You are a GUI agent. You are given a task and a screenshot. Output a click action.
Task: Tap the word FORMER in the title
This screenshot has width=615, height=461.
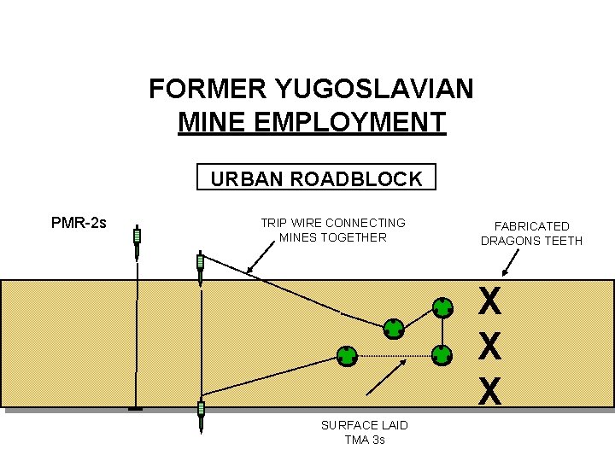tap(208, 89)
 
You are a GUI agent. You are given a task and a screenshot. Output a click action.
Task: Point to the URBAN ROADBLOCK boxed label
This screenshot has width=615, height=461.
tap(316, 178)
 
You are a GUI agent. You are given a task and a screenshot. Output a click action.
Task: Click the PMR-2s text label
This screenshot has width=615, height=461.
tap(79, 224)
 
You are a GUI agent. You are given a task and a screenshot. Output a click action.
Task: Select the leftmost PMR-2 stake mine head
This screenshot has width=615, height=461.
tap(137, 237)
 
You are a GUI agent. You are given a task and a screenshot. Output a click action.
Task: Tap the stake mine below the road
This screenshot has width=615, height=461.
tap(201, 417)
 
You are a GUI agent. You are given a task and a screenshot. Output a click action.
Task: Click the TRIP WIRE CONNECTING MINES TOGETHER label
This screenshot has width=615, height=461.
tap(333, 230)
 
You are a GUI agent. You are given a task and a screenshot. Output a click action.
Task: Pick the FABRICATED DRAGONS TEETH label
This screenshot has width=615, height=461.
tap(531, 233)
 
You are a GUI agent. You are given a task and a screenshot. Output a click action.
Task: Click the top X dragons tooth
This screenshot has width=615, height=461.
tap(489, 301)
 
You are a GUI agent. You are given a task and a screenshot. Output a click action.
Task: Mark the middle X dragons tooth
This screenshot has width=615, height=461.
tap(489, 346)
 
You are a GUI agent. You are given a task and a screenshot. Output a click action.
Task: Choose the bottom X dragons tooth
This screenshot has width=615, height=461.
tap(489, 391)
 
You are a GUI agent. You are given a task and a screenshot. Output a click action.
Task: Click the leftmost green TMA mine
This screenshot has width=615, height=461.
tap(346, 355)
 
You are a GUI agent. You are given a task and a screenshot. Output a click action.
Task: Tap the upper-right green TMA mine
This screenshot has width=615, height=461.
tap(442, 306)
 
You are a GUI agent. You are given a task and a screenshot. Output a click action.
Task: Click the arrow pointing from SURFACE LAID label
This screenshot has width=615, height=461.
tap(385, 376)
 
